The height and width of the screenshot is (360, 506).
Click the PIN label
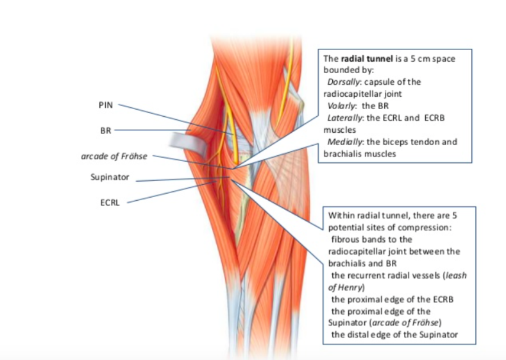[x=106, y=105]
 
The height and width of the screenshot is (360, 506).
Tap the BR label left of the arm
[x=106, y=130]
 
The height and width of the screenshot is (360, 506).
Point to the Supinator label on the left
[x=110, y=177]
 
